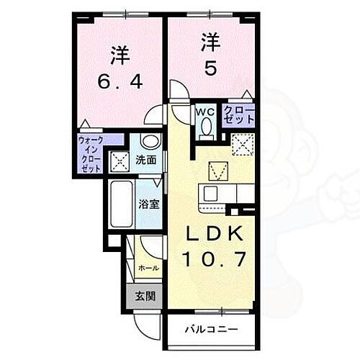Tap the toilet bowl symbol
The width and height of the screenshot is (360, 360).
tap(206, 127)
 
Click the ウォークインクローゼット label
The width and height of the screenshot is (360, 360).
tap(91, 152)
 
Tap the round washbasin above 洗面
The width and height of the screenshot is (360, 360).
tap(149, 140)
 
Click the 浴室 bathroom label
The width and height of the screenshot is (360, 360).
tap(148, 203)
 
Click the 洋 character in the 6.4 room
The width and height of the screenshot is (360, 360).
tap(119, 54)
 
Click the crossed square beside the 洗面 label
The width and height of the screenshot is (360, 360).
tap(119, 162)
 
